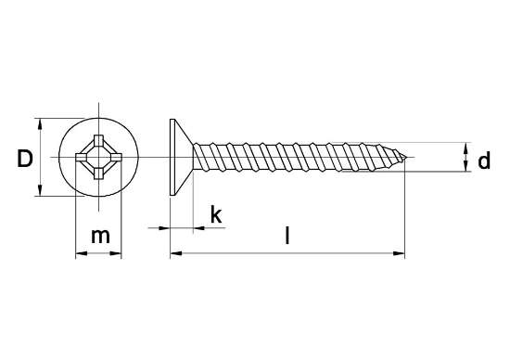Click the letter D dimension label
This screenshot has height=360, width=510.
pos(25,159)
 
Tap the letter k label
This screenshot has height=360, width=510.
pos(215,215)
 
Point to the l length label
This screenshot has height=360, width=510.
pos(287,236)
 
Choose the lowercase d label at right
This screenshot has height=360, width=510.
pos(483,161)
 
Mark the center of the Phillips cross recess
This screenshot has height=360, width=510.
pos(96,157)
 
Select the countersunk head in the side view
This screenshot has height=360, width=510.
pos(180,157)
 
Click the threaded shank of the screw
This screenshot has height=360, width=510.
pos(297,157)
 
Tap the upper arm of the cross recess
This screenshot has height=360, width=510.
pos(96,142)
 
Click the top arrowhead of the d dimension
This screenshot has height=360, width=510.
pos(464,147)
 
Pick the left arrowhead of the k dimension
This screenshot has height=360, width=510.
pos(165,226)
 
